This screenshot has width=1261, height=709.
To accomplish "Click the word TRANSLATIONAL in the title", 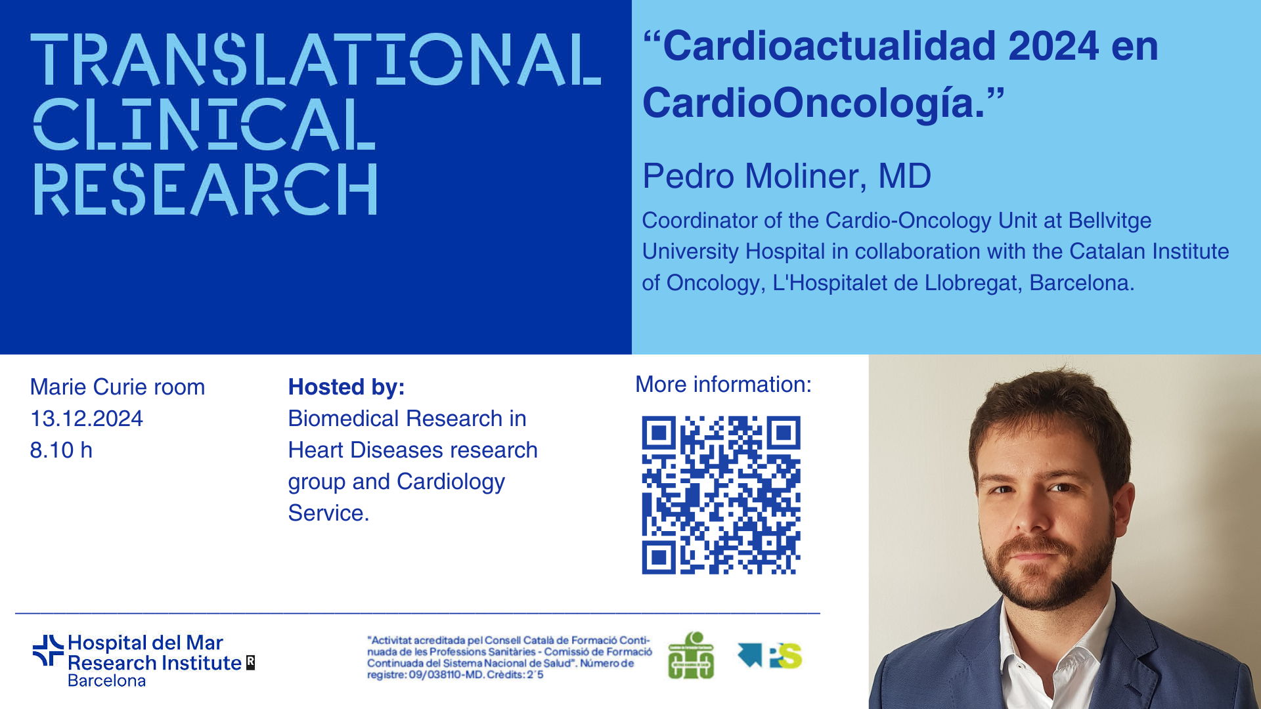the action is (x=316, y=60).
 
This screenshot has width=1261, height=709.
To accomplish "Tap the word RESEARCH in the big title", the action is (x=206, y=189).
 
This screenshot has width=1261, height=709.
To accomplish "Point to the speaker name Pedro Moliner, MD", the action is (x=787, y=176).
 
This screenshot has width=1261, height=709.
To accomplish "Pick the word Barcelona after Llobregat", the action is (x=1082, y=283).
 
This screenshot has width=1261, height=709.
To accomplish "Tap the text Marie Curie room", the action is (x=118, y=387).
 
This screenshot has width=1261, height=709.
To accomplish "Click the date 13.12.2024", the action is (x=87, y=419).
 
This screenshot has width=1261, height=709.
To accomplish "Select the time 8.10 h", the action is (x=61, y=450).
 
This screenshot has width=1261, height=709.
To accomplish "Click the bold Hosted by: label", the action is (x=346, y=387).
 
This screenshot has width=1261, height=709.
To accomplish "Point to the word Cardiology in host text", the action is (x=451, y=483).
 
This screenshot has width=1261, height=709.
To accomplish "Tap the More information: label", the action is (x=723, y=385).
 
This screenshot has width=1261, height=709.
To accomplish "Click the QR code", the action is (x=721, y=495).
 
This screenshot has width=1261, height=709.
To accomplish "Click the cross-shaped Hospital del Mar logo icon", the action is (x=49, y=651).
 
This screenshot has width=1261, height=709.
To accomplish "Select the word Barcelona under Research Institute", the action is (x=106, y=681).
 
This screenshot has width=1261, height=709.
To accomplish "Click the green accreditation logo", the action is (x=691, y=655).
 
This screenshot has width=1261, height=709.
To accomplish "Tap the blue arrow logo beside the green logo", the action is (x=750, y=654).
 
